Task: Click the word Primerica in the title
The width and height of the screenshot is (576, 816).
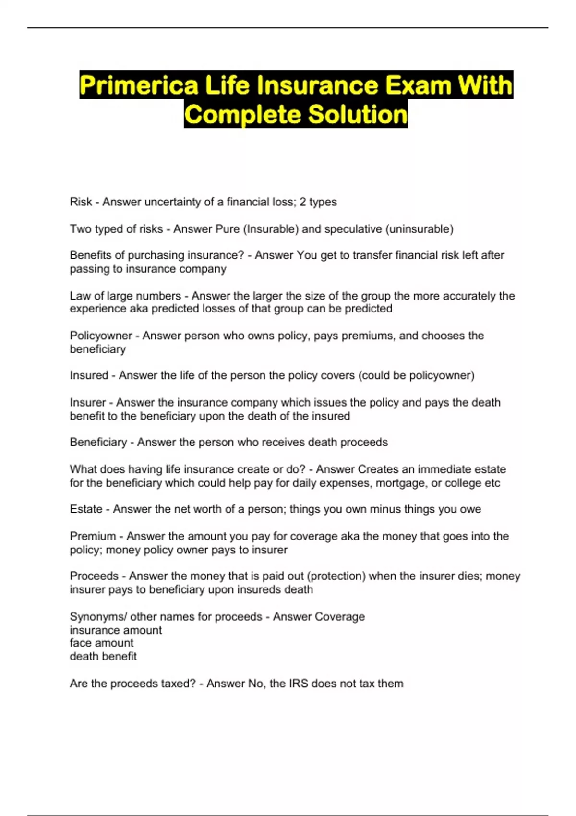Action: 139,85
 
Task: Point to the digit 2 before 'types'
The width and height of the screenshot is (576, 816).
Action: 303,202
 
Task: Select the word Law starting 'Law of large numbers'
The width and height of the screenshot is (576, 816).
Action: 79,296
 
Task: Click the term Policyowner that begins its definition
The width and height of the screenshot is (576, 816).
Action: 101,336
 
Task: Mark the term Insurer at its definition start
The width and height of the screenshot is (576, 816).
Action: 87,402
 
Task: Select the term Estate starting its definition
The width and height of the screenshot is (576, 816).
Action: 86,509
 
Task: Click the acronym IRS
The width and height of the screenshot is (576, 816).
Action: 298,684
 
